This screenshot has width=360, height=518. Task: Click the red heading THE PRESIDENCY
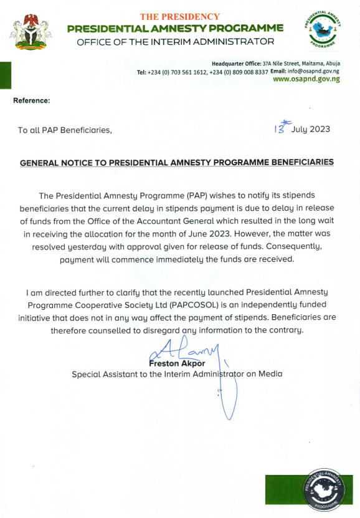(179, 17)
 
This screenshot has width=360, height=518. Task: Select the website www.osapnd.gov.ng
(306, 80)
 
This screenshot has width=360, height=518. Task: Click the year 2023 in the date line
(319, 130)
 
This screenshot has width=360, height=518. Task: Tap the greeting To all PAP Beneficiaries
(65, 130)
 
